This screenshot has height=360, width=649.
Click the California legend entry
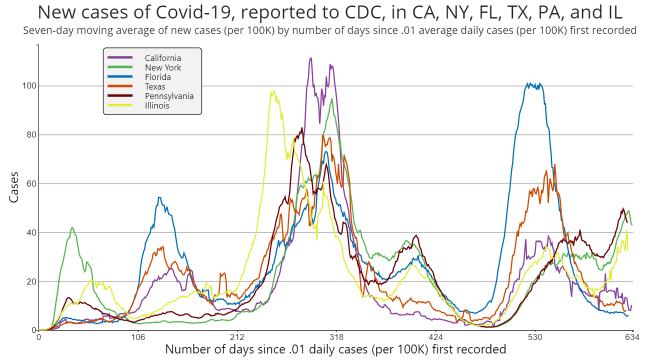[x=163, y=58]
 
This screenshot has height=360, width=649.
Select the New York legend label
[x=163, y=67]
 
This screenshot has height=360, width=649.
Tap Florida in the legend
[x=158, y=77]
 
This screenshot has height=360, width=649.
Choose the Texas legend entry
[x=155, y=86]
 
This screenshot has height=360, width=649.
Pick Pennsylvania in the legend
[x=169, y=96]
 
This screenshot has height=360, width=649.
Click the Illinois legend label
[x=157, y=105]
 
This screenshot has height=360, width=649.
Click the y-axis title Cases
[x=14, y=187]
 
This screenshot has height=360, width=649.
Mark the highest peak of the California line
[x=311, y=58]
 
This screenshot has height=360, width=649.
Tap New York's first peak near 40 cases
[x=72, y=227]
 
